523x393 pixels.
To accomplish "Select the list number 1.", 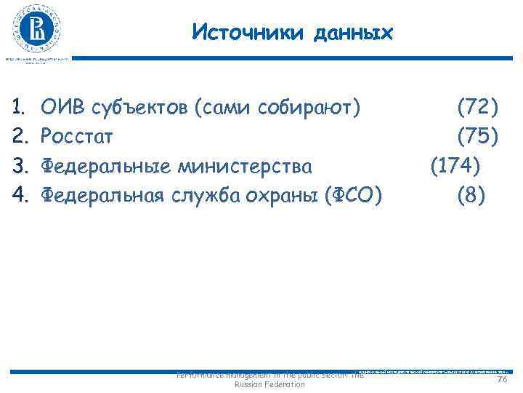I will [21, 108].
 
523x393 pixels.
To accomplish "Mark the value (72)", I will [477, 108].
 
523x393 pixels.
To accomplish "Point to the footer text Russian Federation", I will [271, 384].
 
